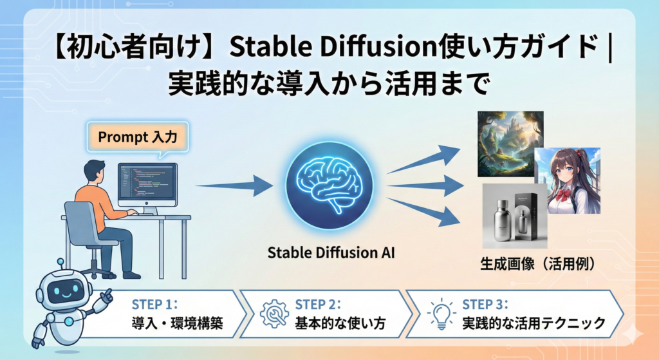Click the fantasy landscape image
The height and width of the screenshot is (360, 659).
click(x=510, y=143)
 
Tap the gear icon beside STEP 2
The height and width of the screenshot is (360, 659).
click(x=275, y=313)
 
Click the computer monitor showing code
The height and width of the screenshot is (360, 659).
click(x=147, y=183)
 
